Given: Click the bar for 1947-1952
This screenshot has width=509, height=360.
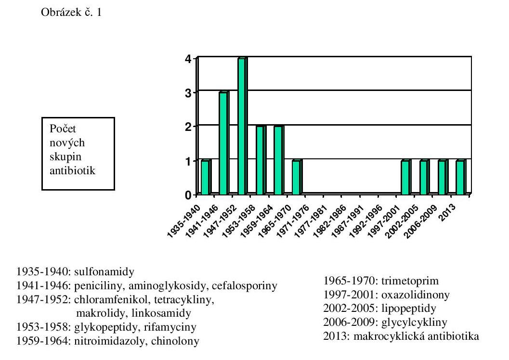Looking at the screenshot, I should pyautogui.click(x=242, y=127).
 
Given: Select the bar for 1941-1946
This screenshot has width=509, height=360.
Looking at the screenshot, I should pyautogui.click(x=223, y=143).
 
